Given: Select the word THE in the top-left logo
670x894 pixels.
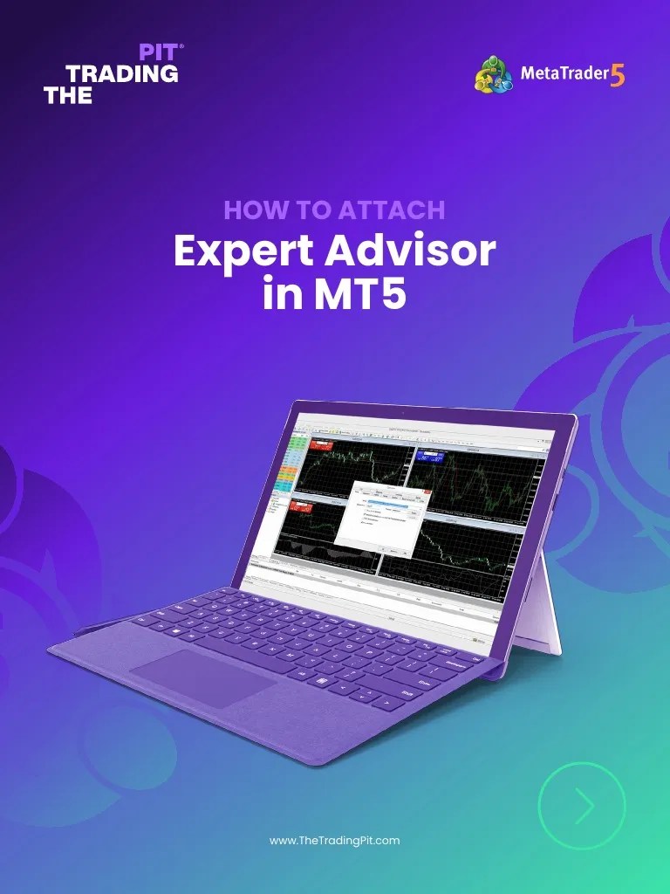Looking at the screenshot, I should [67, 96].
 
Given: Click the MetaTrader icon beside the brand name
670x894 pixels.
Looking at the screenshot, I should [494, 75].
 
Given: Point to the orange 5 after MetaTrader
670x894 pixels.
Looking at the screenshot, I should [618, 75].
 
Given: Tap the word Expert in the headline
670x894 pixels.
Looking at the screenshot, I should [242, 252].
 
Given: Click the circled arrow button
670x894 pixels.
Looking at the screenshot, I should [582, 808].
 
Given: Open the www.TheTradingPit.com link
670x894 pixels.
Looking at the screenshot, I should [335, 840].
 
